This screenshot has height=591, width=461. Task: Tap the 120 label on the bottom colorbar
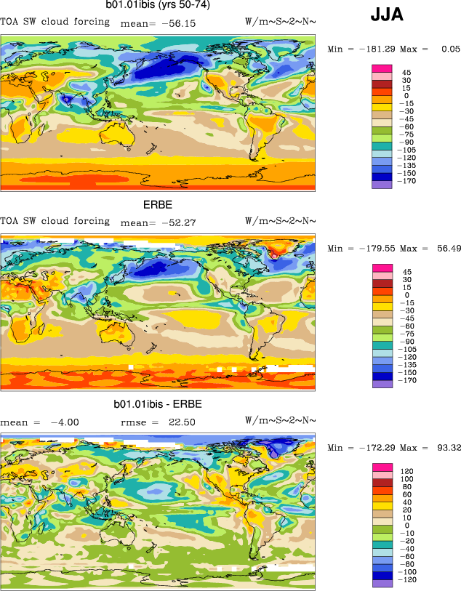407,471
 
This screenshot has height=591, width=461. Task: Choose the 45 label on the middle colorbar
406,271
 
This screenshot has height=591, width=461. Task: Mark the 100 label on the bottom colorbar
407,479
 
